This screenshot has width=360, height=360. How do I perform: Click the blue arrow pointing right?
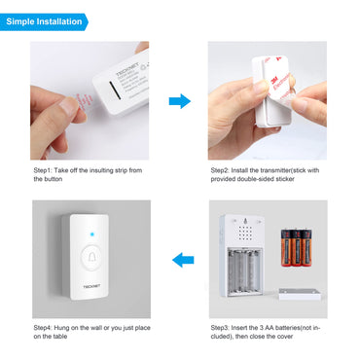[x=179, y=101]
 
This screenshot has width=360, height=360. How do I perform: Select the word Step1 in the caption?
[x=43, y=169]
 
